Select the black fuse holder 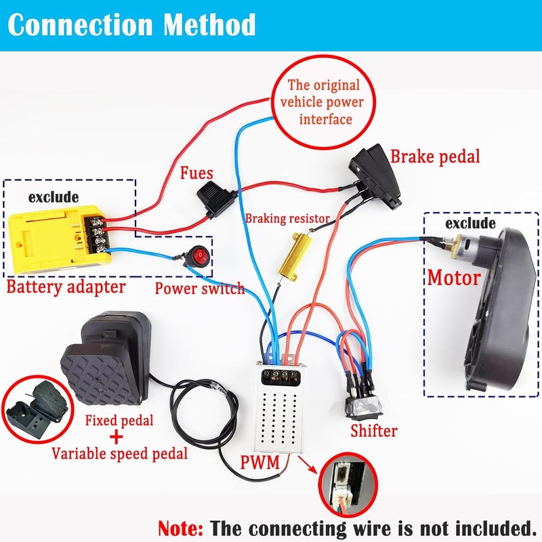point(217,199)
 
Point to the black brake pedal point(375,177)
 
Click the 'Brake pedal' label point(435,157)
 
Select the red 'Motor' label point(454,278)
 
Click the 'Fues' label point(196,173)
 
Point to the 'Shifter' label point(374,431)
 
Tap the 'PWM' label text point(260,462)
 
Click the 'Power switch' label point(200,289)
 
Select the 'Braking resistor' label point(287,218)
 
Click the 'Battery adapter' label point(66,287)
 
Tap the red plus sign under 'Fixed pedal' point(116,437)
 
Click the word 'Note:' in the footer point(180,528)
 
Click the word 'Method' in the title point(209,24)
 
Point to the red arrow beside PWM point(308,465)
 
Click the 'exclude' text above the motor point(470,224)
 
